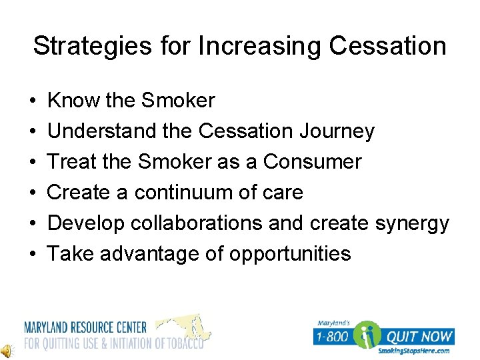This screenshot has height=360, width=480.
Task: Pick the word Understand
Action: point(102,131)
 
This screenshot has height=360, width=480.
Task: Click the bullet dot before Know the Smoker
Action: point(33,101)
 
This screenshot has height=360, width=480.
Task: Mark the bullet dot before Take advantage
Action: point(33,255)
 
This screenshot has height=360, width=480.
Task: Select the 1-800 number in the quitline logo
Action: point(331,337)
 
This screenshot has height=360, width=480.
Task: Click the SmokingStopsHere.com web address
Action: point(413,351)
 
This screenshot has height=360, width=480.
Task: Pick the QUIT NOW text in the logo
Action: point(420,337)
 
